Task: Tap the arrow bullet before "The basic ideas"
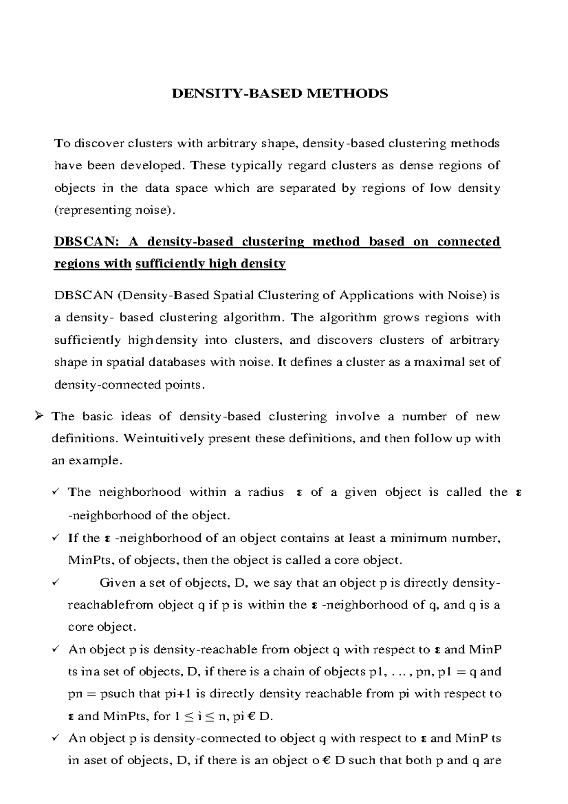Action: (39, 417)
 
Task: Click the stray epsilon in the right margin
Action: (519, 492)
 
